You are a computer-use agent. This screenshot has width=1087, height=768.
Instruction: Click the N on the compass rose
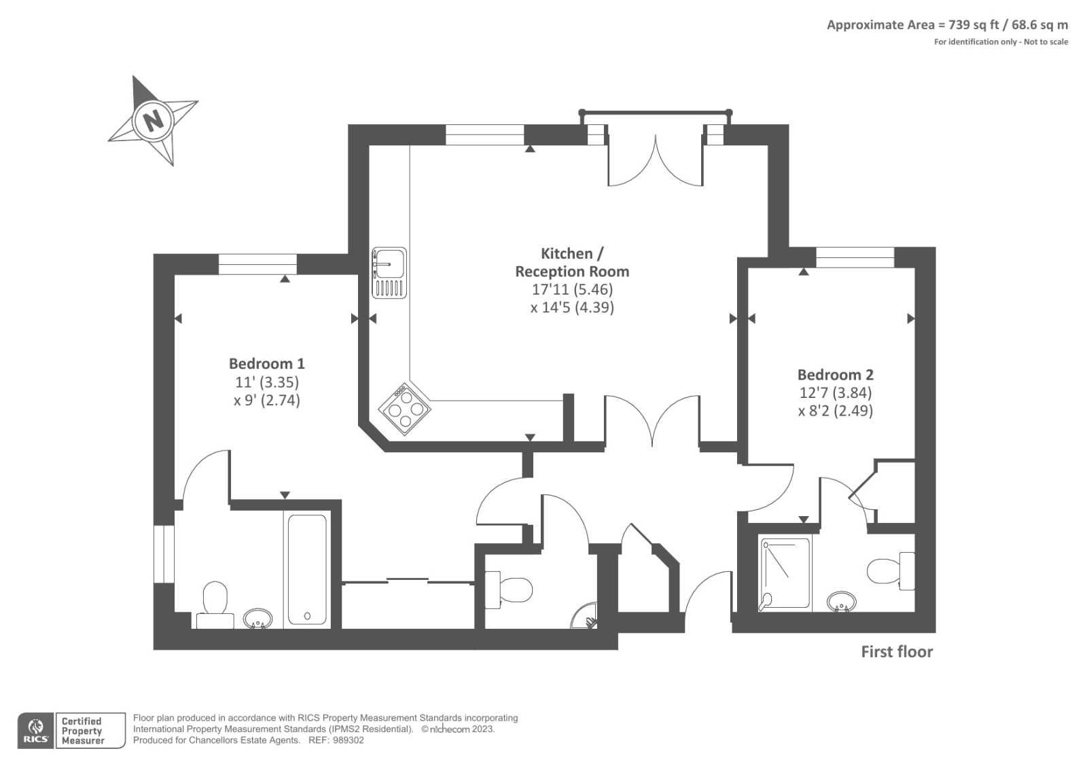tap(154, 120)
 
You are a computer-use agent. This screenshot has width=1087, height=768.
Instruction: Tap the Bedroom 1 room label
tap(266, 363)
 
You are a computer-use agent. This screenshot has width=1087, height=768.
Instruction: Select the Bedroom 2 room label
tap(835, 374)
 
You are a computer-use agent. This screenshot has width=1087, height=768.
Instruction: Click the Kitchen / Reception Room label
tap(572, 262)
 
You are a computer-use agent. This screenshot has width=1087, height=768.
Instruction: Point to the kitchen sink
tap(389, 272)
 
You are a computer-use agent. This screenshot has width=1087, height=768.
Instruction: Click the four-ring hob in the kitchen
tap(405, 408)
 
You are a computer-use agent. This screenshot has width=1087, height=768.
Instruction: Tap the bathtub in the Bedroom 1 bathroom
tap(307, 569)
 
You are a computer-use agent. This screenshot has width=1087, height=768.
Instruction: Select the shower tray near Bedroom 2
tap(785, 572)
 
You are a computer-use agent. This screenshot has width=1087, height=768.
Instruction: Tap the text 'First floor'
tap(897, 652)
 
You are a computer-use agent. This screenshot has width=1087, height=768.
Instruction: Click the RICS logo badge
tap(35, 731)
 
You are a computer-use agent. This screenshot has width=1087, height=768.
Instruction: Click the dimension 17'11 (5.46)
tap(572, 289)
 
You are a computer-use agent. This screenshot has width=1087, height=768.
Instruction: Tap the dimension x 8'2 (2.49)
tap(835, 411)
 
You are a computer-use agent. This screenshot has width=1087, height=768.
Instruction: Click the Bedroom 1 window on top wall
tap(257, 263)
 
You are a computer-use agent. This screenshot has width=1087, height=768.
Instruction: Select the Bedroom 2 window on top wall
tap(855, 257)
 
